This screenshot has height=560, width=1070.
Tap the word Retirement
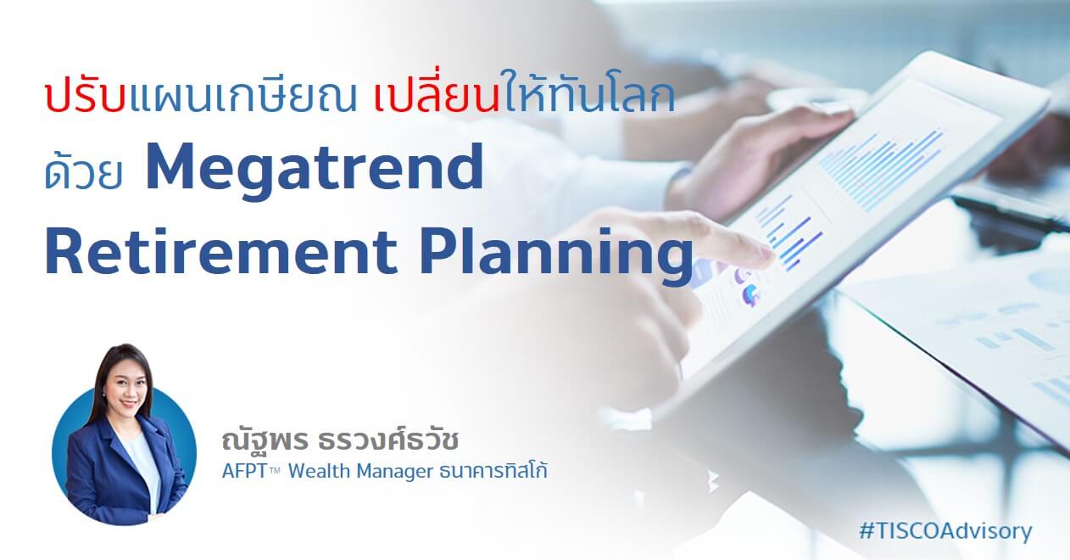220,251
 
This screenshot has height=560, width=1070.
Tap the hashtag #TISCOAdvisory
945,531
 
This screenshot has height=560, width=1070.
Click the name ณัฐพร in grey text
265,441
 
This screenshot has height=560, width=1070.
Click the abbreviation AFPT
244,471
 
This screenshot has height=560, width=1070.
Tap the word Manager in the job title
394,473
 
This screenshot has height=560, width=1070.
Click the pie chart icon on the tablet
751,293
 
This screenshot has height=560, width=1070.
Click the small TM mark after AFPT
275,470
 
